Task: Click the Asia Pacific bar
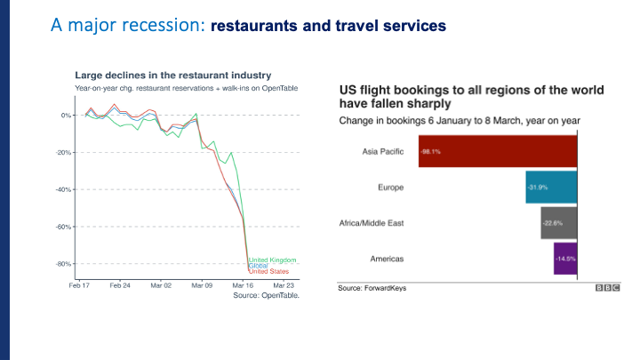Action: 498,151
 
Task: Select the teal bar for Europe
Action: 552,187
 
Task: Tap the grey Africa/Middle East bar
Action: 559,222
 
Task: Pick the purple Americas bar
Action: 565,258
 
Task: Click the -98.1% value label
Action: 430,151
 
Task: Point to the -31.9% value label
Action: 537,187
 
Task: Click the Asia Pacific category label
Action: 383,151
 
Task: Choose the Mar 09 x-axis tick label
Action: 201,285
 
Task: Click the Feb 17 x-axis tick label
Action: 80,285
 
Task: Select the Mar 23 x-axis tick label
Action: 283,285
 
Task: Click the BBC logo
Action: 607,288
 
